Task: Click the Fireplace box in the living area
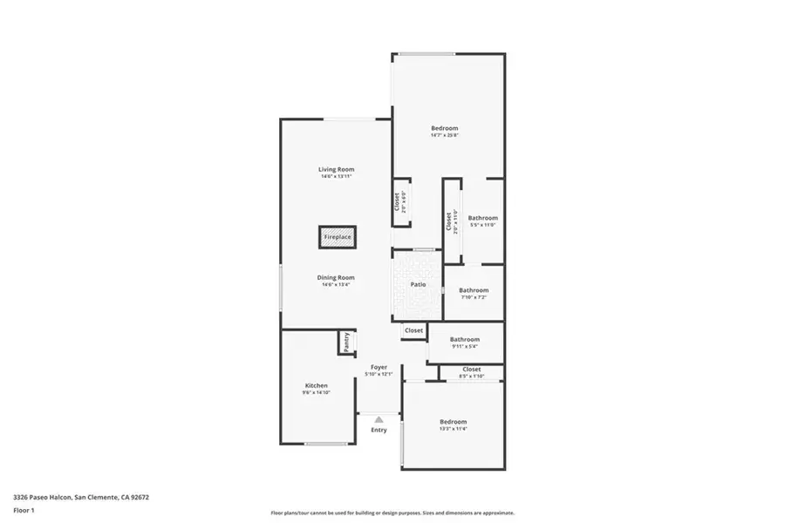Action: point(338,237)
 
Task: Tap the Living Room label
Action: point(336,169)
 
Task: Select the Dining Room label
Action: point(336,277)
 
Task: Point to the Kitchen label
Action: point(316,385)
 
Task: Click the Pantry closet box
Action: point(346,342)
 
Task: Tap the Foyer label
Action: point(379,367)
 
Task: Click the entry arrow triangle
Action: point(379,419)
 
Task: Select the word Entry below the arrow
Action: point(379,430)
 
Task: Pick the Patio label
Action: point(418,284)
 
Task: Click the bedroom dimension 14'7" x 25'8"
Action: point(444,135)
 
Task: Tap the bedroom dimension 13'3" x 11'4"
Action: point(453,429)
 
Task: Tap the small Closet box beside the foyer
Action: point(413,331)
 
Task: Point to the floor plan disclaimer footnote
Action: point(392,513)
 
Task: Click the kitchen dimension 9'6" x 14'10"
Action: point(316,392)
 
